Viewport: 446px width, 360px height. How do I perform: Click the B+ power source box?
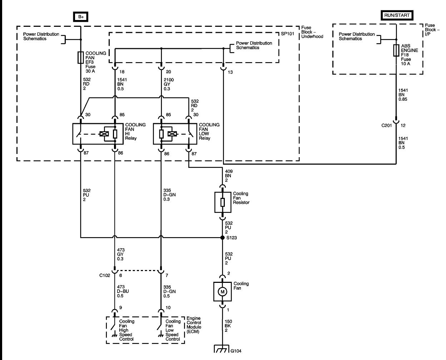click(81, 17)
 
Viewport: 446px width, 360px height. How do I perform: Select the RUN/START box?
click(397, 15)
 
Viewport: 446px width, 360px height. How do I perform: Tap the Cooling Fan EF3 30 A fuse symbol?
click(81, 57)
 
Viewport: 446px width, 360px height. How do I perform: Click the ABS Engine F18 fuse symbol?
click(396, 50)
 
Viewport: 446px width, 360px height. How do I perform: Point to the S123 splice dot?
click(223, 237)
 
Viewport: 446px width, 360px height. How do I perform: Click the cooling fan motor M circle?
click(222, 292)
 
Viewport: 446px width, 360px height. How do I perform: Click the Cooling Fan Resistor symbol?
click(223, 202)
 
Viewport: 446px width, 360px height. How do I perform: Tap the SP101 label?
click(287, 34)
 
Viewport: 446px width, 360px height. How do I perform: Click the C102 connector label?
click(104, 275)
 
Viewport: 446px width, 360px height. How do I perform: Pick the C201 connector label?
click(387, 125)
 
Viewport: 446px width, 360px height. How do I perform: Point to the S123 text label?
click(232, 238)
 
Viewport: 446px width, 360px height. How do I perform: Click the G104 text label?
click(236, 351)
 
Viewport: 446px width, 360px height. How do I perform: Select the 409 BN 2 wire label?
click(229, 176)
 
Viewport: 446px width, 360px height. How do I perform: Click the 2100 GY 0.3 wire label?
click(169, 84)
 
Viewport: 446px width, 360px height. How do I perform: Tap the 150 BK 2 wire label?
click(228, 326)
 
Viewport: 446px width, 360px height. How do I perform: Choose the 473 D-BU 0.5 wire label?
click(123, 291)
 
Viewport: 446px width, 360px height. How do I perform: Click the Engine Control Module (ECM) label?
click(194, 325)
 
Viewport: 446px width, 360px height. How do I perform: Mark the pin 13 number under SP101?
click(230, 72)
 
